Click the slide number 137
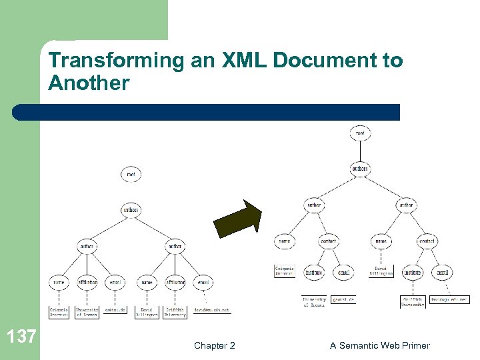23,336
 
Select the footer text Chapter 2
214,345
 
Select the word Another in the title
89,83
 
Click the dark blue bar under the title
207,112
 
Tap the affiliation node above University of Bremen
87,283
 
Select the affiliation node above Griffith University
175,283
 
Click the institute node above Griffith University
412,272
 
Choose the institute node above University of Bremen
314,272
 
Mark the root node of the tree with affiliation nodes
131,175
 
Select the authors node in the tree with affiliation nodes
131,210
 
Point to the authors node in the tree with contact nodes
360,169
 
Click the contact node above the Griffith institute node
427,240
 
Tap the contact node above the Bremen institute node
329,240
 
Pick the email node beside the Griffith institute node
442,272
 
